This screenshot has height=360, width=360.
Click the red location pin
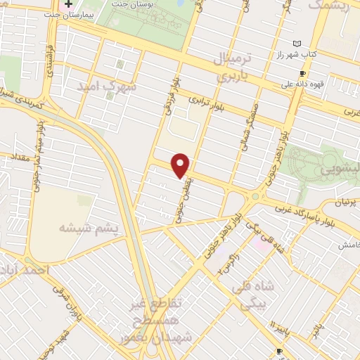[181, 165]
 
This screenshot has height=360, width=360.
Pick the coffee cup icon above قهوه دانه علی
[302, 73]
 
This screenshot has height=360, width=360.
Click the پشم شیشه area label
[86, 228]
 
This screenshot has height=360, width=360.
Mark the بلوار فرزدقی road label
[172, 96]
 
